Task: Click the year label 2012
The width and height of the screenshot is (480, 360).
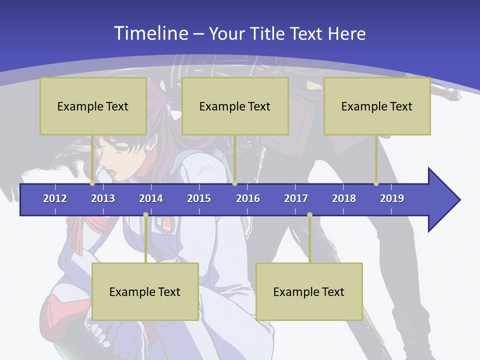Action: click(55, 198)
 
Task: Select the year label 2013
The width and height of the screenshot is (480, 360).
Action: click(103, 198)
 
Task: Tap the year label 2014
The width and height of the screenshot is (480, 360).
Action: click(151, 198)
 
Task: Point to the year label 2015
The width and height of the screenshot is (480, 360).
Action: click(199, 198)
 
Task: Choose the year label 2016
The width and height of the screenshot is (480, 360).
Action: click(248, 198)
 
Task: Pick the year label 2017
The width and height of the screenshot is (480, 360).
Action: click(296, 198)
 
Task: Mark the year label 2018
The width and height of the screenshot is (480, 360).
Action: click(344, 198)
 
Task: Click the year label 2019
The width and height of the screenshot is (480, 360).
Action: click(392, 198)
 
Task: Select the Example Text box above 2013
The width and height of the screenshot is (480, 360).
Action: click(93, 106)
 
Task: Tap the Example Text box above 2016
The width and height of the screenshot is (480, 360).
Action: click(235, 106)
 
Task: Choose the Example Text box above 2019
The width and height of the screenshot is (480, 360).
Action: click(377, 106)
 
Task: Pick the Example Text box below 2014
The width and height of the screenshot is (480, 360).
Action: click(145, 291)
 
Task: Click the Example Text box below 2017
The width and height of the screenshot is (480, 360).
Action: click(309, 291)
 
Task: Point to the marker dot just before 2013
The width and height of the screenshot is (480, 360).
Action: click(92, 183)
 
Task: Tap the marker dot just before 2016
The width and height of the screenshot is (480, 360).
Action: click(234, 183)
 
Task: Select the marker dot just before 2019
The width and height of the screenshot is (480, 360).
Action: click(376, 183)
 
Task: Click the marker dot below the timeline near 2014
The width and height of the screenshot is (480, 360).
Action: click(145, 215)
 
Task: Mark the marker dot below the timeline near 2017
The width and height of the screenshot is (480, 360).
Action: click(309, 215)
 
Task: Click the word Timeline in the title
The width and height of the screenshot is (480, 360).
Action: click(151, 33)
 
